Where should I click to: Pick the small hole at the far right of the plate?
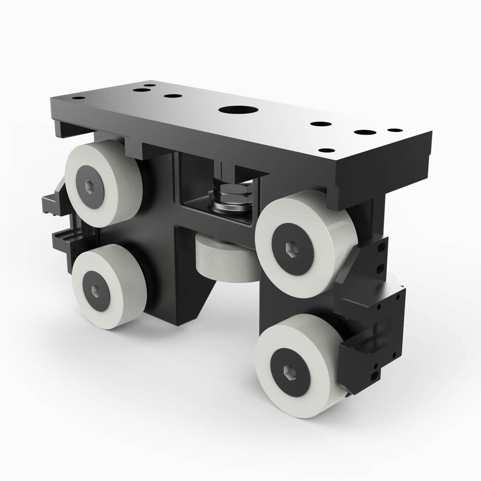click(x=394, y=130)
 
